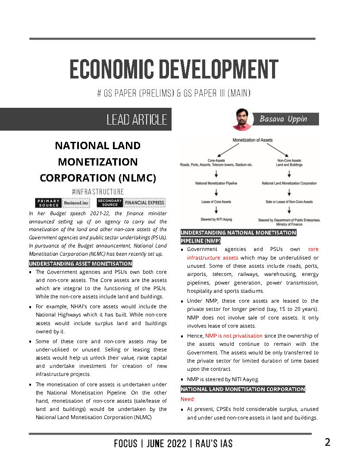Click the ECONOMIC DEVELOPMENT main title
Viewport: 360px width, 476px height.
point(174,69)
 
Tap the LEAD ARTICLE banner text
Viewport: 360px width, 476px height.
point(136,119)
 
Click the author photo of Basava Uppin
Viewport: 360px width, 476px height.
point(242,119)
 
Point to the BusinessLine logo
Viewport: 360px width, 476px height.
point(76,203)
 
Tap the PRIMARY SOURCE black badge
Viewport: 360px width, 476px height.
point(48,203)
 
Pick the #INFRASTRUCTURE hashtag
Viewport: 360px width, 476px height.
point(98,192)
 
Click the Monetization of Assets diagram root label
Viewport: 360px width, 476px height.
point(252,140)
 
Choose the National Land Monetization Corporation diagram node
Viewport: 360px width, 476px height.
point(289,183)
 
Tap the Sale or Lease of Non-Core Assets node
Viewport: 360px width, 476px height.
point(289,202)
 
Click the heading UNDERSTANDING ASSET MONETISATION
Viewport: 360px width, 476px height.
point(81,263)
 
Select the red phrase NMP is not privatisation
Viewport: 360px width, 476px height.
point(234,335)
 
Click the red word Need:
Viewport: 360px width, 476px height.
point(188,399)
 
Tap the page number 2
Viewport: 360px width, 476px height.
point(328,442)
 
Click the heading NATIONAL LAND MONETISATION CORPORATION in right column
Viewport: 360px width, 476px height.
point(243,389)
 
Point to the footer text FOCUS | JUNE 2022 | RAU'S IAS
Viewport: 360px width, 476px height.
point(173,443)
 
